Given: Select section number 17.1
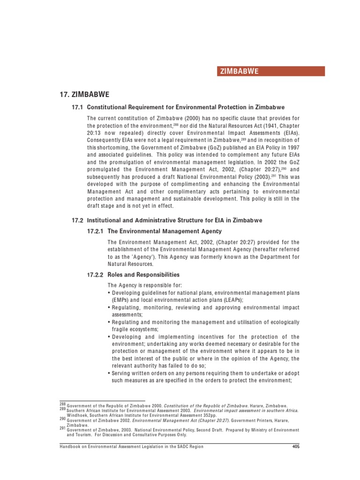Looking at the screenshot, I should point(76,107).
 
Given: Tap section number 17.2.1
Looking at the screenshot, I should point(96,232).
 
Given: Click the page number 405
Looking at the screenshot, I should point(295,447).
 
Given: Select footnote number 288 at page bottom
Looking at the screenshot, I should point(63,404).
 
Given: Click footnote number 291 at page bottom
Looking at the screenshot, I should point(63,428).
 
